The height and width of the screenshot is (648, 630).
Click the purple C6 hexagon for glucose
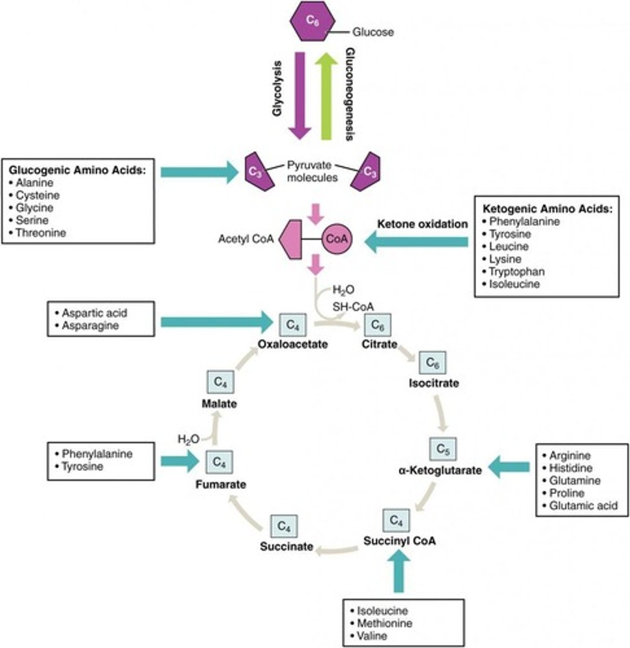309,22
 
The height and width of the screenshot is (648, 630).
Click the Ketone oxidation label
422,224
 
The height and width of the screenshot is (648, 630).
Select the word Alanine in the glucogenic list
35,183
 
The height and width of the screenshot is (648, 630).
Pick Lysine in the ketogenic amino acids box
505,259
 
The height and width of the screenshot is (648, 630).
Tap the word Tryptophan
517,272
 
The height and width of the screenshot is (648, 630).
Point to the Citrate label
380,344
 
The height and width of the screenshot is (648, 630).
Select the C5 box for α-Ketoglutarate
443,449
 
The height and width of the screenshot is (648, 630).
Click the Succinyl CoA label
399,541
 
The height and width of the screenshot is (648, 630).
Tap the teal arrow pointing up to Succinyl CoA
399,575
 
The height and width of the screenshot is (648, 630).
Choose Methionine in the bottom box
384,623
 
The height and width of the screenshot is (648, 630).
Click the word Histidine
571,468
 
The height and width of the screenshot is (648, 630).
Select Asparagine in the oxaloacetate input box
90,326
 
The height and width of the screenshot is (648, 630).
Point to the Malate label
219,403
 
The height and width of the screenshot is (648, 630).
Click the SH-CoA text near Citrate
353,307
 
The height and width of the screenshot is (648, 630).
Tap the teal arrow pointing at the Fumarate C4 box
181,462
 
